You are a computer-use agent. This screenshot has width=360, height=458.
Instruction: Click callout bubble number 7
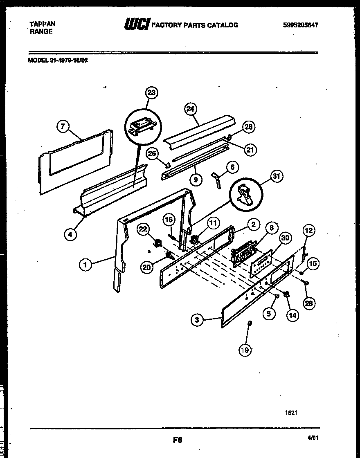point(63,127)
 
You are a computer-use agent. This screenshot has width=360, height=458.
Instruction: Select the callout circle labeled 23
point(152,93)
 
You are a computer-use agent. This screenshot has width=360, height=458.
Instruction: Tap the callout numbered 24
point(191,109)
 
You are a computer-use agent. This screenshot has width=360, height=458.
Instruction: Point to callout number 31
point(277,176)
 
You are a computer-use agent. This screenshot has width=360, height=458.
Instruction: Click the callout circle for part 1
point(85,265)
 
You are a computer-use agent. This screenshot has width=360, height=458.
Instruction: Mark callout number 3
point(197,320)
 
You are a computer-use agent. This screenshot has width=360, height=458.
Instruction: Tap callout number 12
point(309,231)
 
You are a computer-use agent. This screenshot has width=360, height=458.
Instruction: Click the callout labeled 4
point(70,234)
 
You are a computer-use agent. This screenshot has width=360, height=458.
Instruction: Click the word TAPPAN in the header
point(43,24)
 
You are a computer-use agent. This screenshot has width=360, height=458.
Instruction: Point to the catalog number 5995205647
point(300,25)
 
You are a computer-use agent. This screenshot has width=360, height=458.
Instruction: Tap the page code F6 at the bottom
point(177,440)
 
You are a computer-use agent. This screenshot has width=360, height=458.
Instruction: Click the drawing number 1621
point(291,413)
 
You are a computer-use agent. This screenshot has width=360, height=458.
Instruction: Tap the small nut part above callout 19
point(250,324)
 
